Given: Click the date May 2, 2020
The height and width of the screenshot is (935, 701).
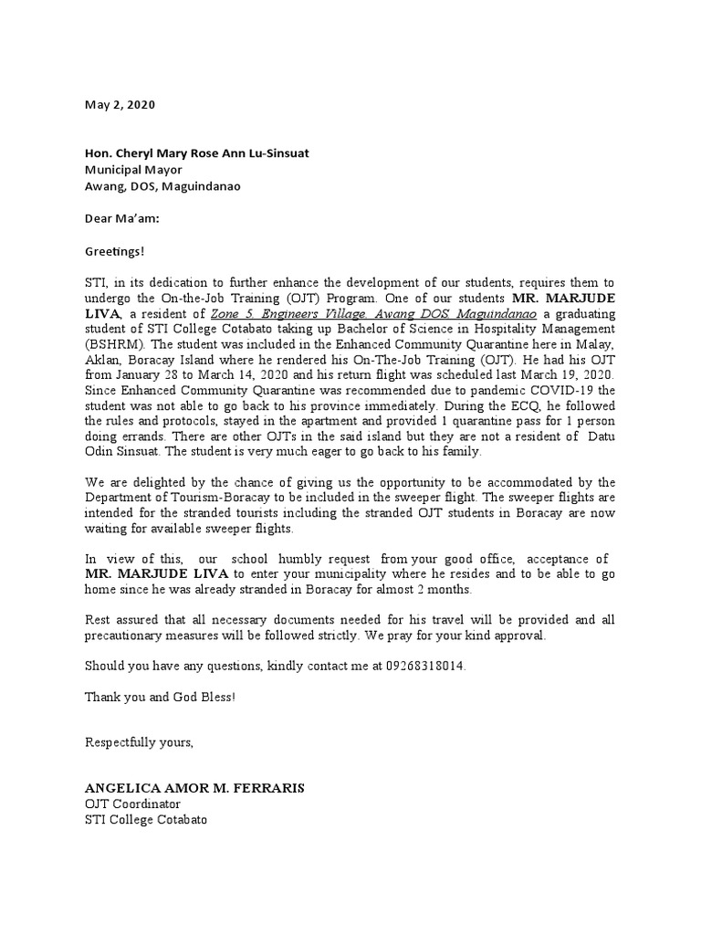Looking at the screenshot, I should point(120,104).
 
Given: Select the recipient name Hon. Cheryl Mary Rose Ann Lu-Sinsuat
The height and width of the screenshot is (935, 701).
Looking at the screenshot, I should point(196,152).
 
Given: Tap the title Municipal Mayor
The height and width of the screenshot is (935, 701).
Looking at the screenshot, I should point(133,169).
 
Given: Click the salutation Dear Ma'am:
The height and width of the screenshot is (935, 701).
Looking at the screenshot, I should point(121,217).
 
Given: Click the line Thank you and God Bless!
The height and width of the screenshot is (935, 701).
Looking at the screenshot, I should point(161,697).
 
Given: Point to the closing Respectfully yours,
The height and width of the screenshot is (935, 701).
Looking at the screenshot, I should point(139,742).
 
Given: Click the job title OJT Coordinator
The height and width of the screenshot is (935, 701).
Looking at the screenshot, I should point(132,804).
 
